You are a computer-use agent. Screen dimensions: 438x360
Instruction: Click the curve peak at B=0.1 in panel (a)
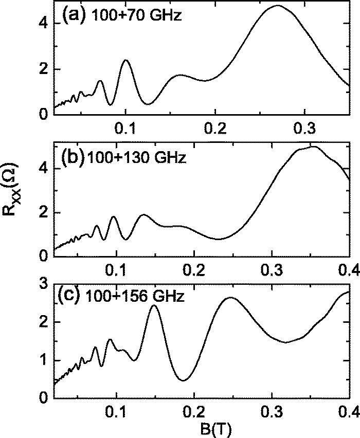point(125,60)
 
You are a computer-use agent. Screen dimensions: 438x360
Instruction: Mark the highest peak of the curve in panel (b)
point(313,147)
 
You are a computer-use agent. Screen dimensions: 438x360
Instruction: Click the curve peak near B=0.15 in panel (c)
point(154,305)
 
